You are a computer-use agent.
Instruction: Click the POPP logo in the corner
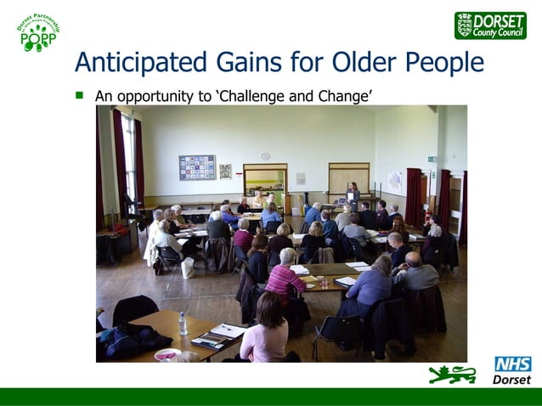38,31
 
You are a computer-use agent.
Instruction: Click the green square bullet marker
81,95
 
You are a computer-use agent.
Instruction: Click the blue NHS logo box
513,364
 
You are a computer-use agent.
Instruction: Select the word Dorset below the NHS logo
512,380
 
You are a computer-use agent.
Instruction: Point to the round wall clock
265,156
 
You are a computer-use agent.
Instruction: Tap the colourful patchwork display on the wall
196,167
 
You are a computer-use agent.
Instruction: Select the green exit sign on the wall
432,159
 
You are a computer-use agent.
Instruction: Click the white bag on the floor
188,268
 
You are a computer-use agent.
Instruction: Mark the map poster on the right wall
395,181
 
